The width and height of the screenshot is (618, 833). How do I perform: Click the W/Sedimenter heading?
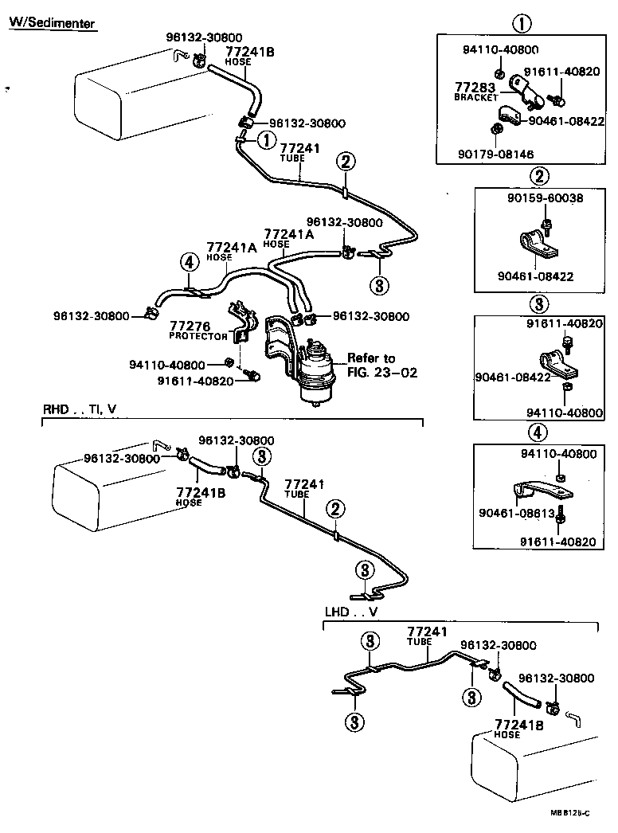point(52,22)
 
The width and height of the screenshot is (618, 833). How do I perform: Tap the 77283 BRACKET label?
point(475,91)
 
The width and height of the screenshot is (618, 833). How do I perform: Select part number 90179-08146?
point(497,154)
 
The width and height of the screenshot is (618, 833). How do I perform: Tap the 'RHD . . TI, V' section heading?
point(80,409)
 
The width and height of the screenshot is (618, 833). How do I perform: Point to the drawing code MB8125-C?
point(569,813)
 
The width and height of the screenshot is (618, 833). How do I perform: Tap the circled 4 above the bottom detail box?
point(538,432)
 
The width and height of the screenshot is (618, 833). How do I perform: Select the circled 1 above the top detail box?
point(522,23)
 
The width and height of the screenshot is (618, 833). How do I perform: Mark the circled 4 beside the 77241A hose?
point(188,261)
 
